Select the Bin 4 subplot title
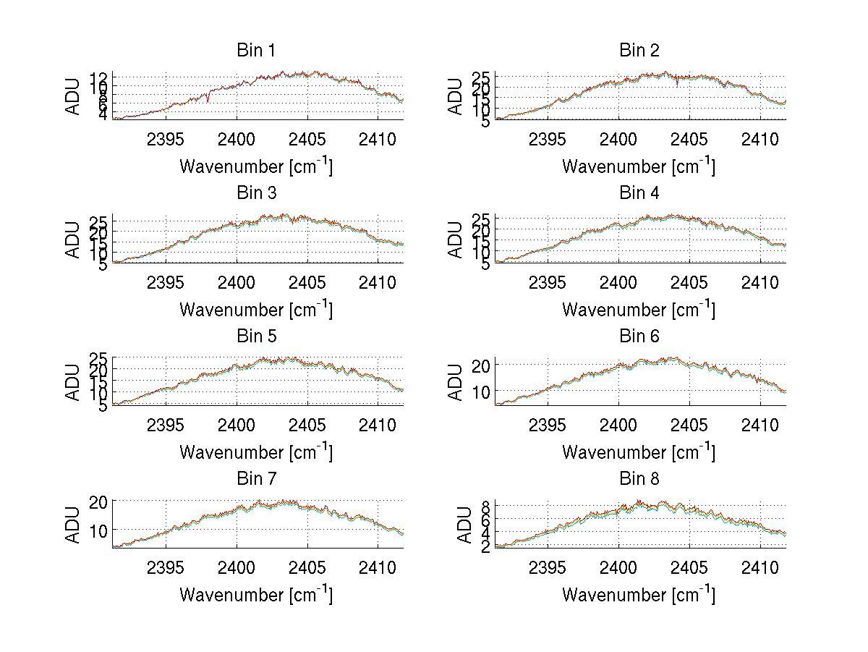(x=639, y=193)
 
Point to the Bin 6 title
(x=639, y=336)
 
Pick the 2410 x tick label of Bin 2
(x=760, y=139)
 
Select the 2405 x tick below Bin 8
(x=689, y=567)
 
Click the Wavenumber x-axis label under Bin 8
(x=639, y=594)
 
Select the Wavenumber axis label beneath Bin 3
(x=255, y=309)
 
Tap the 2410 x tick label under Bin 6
(x=760, y=425)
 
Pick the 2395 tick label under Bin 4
(x=548, y=281)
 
